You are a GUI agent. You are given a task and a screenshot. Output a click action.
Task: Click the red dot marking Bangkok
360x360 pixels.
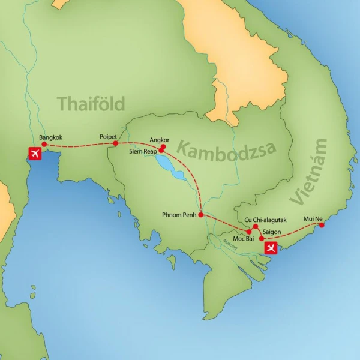click(x=44, y=145)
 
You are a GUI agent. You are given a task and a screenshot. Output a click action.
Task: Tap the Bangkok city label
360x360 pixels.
click(x=51, y=137)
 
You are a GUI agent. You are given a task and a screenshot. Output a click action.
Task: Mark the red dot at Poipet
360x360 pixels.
click(x=115, y=143)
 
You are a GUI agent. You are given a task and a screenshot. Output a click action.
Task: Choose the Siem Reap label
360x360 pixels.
click(x=142, y=152)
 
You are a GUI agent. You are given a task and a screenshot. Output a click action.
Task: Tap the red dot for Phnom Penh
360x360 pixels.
click(x=201, y=214)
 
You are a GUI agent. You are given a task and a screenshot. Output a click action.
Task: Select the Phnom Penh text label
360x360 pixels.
click(x=179, y=215)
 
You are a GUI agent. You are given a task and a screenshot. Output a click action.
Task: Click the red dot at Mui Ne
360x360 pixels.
click(x=322, y=225)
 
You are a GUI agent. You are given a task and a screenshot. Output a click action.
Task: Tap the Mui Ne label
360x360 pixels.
click(x=314, y=217)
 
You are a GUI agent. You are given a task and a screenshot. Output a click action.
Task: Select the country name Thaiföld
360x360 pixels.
click(x=91, y=104)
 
